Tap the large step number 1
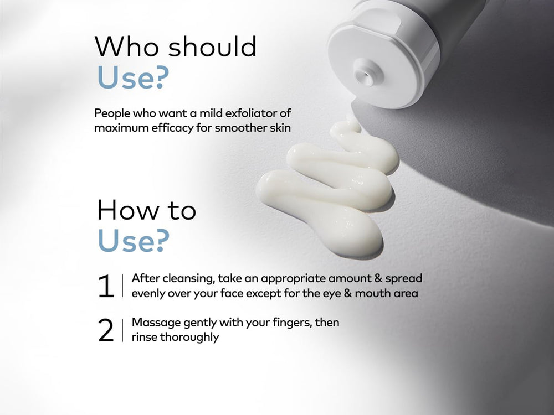coord(105,287)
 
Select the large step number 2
coord(105,330)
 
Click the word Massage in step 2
coord(153,323)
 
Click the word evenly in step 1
coord(148,294)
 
